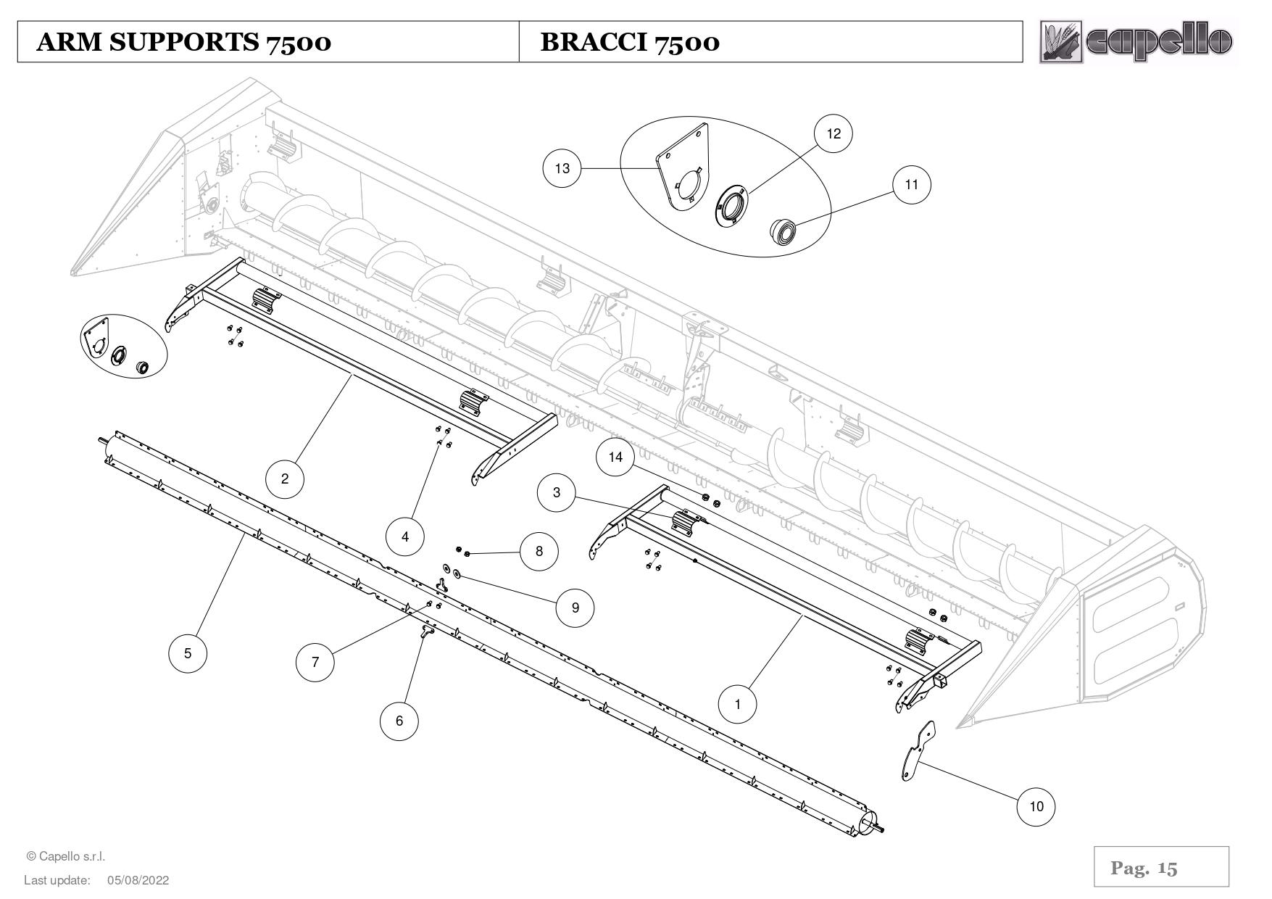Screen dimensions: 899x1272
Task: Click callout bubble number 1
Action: click(738, 704)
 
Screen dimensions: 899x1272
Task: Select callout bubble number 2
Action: click(285, 478)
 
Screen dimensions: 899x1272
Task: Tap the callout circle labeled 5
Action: click(188, 653)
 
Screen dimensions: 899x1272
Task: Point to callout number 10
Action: click(1036, 806)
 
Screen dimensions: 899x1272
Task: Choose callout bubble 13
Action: click(562, 168)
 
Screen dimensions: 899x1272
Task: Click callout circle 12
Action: click(834, 133)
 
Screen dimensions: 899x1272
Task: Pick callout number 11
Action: click(911, 184)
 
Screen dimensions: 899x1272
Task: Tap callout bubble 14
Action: click(615, 457)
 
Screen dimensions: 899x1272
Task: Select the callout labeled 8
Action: click(539, 551)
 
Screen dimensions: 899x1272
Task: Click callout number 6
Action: click(399, 721)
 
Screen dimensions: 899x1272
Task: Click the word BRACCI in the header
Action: click(593, 42)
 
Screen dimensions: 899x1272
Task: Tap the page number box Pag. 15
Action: click(1161, 867)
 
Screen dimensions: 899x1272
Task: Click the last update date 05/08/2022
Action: click(138, 880)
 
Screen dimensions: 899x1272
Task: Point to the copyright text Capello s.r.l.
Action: click(66, 856)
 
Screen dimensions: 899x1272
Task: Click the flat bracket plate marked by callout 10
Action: click(915, 754)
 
